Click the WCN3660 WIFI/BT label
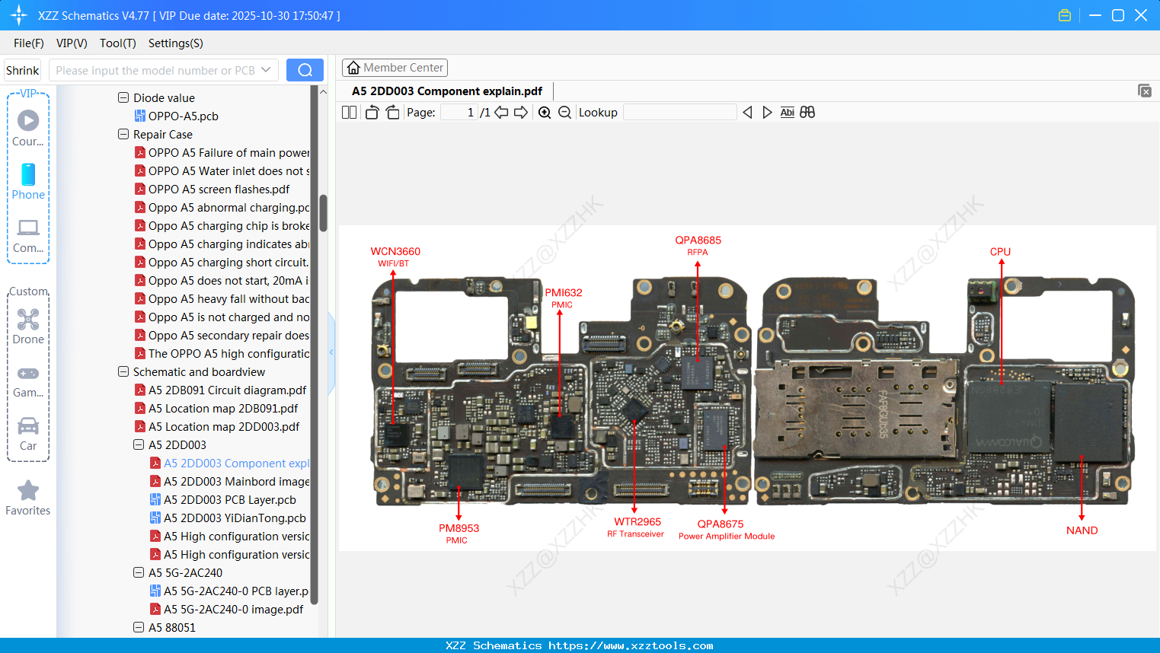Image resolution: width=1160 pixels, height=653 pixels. [x=395, y=256]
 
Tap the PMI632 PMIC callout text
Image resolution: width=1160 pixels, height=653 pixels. [x=563, y=297]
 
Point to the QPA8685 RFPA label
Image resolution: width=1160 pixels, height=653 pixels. [x=698, y=244]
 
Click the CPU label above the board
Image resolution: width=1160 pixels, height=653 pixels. [x=1000, y=252]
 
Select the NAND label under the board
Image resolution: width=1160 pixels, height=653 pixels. [x=1082, y=530]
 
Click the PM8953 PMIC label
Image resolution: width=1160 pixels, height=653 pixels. [x=459, y=533]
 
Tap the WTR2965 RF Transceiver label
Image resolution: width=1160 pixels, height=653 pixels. [x=637, y=527]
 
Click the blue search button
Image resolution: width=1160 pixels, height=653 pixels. [x=305, y=70]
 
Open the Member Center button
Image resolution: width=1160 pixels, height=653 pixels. [x=395, y=68]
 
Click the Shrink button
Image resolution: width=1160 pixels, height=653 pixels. [x=22, y=70]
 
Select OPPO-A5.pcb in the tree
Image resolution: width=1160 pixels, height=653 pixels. [x=183, y=116]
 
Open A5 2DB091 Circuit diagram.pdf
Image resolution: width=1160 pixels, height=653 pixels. [x=227, y=390]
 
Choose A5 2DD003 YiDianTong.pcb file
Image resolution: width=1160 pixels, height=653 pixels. [x=235, y=518]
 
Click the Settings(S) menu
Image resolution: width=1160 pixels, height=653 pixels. [x=175, y=43]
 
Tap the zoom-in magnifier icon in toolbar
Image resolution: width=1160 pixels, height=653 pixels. [x=545, y=113]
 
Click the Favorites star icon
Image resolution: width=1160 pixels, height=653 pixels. [x=28, y=491]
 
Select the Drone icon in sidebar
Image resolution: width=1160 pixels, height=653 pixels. [x=28, y=320]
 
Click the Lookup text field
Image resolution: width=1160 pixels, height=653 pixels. [x=679, y=113]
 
